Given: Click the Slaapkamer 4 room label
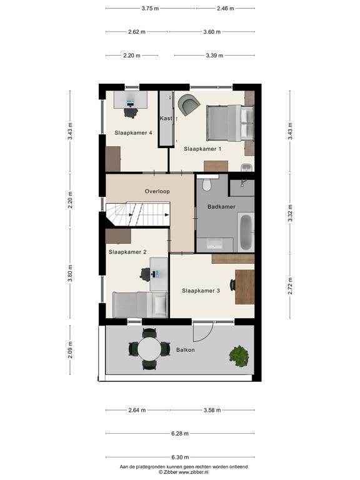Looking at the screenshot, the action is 133,133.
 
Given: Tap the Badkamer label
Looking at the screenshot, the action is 221,207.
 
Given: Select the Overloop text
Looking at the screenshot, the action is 157,191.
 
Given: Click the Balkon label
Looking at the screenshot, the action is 185,349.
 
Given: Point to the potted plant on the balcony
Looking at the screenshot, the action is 239,356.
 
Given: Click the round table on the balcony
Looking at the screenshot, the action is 149,349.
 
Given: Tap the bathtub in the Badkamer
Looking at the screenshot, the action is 246,232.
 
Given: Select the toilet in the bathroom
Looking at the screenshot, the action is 207,183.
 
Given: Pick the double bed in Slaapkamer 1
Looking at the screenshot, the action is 230,123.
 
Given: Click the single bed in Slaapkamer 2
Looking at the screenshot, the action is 140,305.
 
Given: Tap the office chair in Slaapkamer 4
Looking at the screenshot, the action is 131,112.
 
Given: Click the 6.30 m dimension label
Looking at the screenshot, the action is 180,457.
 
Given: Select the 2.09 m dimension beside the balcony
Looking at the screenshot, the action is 70,349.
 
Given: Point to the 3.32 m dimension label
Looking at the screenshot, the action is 290,212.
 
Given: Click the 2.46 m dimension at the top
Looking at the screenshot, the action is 225,9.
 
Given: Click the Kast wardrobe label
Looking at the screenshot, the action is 166,118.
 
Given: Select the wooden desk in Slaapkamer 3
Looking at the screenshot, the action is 244,287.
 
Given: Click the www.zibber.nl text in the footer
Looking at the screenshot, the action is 194,472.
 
